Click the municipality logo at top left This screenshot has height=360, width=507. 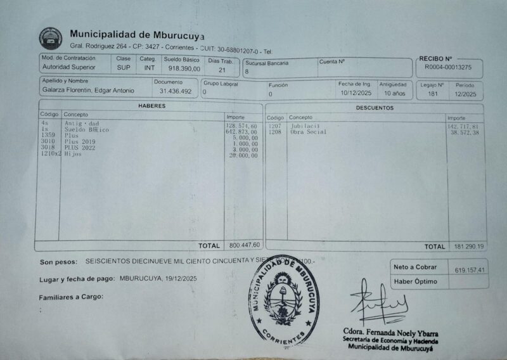(50, 38)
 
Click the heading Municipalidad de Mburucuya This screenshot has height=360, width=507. (137, 34)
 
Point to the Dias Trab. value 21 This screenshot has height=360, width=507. (222, 70)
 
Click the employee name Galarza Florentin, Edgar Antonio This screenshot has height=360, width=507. (88, 91)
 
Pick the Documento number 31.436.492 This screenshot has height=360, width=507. (176, 91)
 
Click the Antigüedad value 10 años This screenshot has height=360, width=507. (394, 93)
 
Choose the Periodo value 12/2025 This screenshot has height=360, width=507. (465, 94)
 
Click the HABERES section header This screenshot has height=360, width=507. (151, 106)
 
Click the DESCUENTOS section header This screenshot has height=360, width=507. (374, 108)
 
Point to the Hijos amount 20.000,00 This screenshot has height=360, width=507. (243, 155)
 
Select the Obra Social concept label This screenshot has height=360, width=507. (308, 132)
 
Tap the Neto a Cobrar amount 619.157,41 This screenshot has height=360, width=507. (470, 270)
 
